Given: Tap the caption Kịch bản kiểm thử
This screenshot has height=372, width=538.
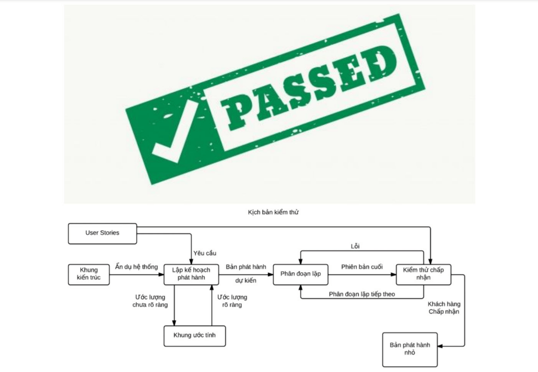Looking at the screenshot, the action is tap(273, 212).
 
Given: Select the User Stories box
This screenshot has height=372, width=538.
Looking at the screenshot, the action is tap(102, 234).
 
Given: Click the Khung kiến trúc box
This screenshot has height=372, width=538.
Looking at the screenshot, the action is tap(88, 275).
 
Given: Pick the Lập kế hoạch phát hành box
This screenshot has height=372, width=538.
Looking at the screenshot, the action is tap(191, 275).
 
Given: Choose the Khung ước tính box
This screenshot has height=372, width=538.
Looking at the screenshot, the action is tap(194, 336).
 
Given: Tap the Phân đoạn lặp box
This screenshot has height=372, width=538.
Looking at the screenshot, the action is tap(301, 275).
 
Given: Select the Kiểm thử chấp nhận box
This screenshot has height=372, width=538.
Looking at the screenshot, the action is tap(423, 275).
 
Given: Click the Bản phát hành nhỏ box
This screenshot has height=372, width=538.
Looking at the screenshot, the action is tap(410, 350).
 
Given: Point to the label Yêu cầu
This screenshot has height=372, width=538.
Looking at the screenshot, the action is tap(205, 253).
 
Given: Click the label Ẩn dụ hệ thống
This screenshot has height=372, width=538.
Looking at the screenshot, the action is tap(137, 266).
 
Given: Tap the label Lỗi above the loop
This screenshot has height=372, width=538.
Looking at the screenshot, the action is tap(355, 246).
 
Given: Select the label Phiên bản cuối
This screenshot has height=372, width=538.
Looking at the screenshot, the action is tap(362, 266).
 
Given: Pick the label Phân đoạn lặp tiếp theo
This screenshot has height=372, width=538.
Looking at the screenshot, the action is tap(362, 294).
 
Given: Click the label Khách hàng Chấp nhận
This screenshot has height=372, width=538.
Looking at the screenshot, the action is tap(444, 308).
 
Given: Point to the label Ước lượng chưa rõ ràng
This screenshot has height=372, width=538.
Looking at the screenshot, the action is tap(150, 301).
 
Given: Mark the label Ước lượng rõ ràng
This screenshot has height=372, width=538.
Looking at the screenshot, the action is tap(232, 301).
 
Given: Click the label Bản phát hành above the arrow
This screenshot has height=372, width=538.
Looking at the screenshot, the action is tap(246, 266).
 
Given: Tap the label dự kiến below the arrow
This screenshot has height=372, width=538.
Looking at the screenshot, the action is tap(246, 281).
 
